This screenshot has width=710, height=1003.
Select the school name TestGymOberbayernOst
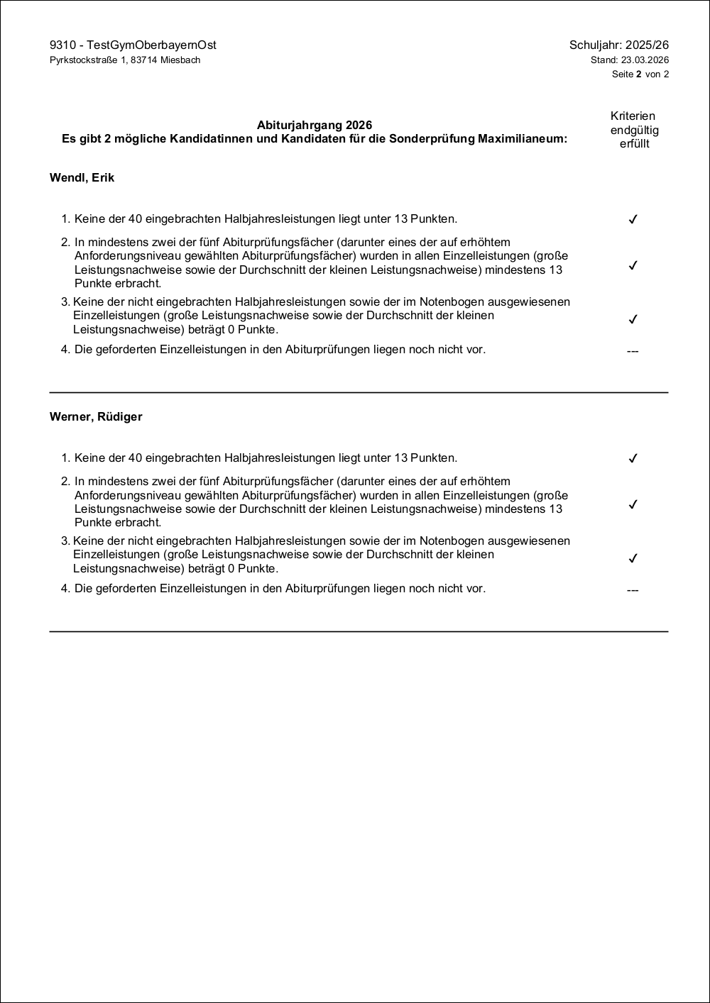[x=151, y=45]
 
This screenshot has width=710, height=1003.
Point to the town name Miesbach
[x=180, y=60]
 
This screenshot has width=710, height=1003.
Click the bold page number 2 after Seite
[x=638, y=74]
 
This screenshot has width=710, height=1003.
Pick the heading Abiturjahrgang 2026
[x=315, y=126]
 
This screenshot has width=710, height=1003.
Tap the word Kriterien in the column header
[x=633, y=116]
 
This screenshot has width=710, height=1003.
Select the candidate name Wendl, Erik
[x=82, y=178]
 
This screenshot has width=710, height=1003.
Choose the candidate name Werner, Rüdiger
[x=96, y=417]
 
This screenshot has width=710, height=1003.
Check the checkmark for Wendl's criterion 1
[x=633, y=219]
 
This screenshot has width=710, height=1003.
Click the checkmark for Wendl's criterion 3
[x=633, y=319]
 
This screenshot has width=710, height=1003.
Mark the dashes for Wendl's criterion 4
[x=633, y=351]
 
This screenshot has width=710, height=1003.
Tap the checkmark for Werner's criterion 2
[x=633, y=504]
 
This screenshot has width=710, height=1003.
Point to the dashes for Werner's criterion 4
[x=633, y=590]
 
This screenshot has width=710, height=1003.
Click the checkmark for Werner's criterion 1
[x=633, y=458]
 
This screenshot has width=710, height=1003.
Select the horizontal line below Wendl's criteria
[x=359, y=392]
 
